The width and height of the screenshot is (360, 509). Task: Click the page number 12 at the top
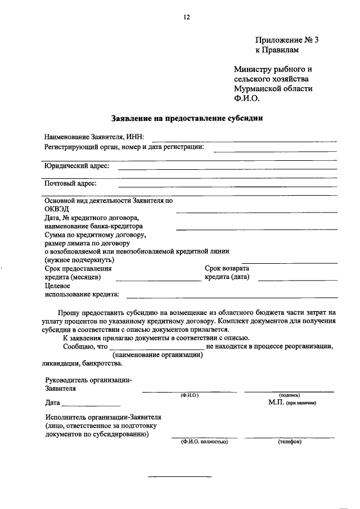tap(187, 17)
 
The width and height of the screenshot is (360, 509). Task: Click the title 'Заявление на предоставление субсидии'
tap(187, 119)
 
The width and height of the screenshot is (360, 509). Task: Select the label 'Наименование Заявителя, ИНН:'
tap(94, 137)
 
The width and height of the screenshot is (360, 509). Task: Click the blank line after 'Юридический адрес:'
tap(227, 168)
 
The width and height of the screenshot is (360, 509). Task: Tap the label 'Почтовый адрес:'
tap(70, 183)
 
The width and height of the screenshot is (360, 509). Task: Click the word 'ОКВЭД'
tap(57, 209)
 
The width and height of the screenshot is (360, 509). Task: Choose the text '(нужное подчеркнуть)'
tap(79, 260)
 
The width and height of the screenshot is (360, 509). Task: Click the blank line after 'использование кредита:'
tap(232, 295)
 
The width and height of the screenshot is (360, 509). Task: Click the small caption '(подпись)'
tap(289, 396)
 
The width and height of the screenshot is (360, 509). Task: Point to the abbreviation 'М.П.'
tap(276, 403)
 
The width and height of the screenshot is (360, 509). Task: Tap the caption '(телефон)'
tap(290, 442)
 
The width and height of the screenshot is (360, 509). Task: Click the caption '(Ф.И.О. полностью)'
tap(204, 442)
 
